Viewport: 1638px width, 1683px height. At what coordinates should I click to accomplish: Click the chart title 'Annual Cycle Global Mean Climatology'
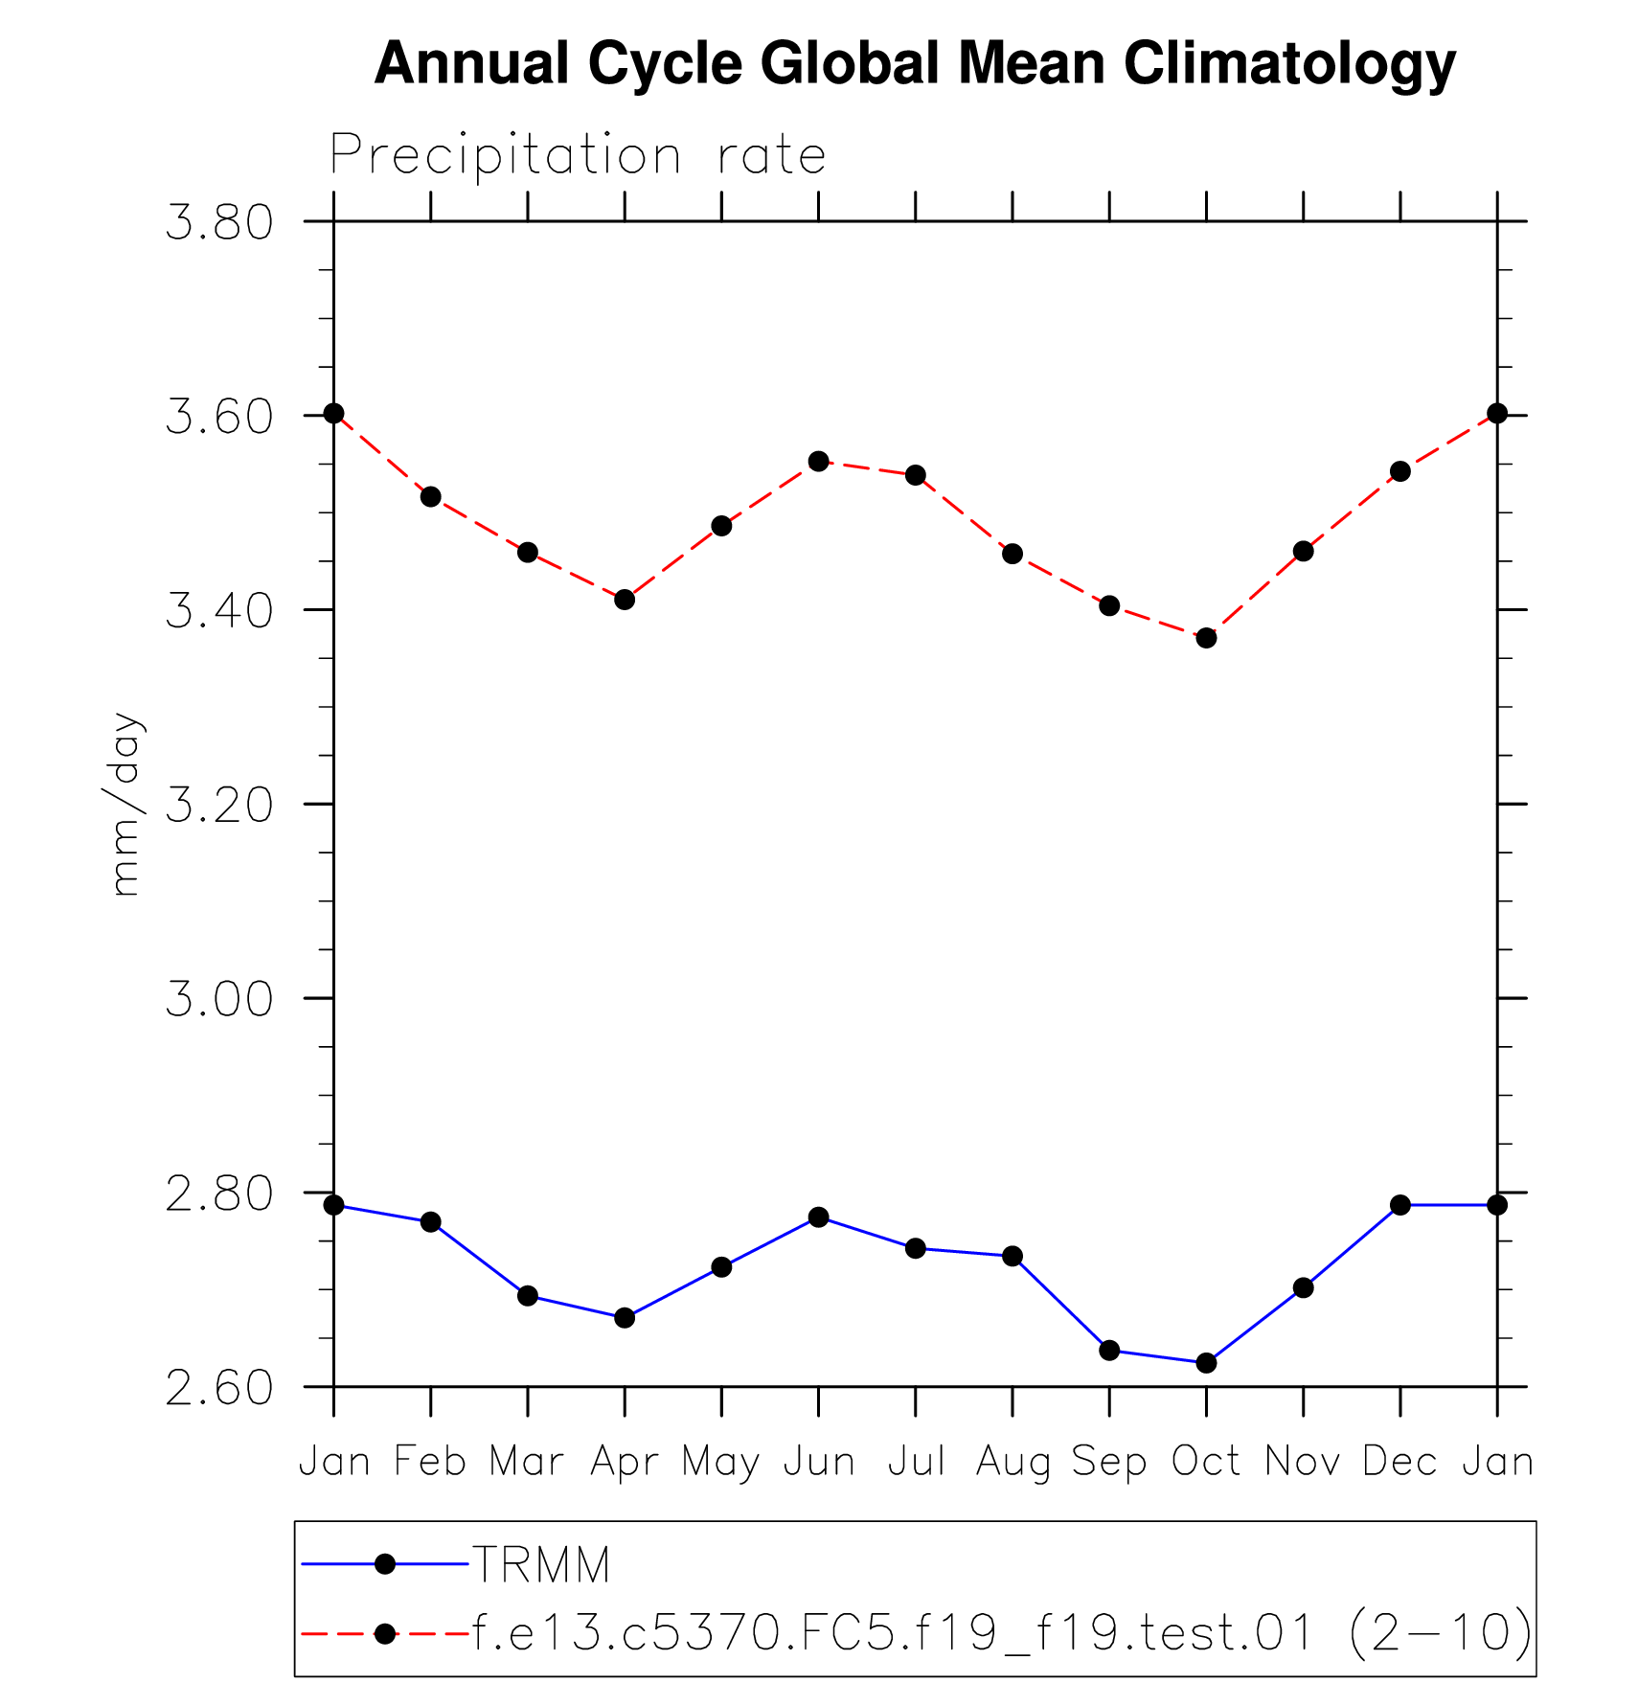[915, 64]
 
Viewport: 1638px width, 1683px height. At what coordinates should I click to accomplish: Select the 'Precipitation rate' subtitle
[578, 155]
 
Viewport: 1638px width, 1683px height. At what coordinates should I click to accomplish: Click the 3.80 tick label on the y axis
[219, 222]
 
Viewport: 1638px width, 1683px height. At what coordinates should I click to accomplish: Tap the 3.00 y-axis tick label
[219, 999]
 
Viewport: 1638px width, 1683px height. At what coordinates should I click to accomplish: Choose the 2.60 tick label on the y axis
[219, 1388]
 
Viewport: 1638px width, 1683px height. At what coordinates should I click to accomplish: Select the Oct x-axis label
[1206, 1462]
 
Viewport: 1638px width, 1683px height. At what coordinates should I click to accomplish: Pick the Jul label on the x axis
[916, 1462]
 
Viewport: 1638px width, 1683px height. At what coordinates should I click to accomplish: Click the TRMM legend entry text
[542, 1565]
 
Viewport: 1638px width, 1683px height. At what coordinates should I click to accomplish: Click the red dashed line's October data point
[1206, 638]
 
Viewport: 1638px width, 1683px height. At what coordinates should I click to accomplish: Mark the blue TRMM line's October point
[1206, 1362]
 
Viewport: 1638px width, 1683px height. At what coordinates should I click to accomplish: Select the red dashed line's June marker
[818, 462]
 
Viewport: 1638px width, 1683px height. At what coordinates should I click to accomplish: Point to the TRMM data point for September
[1109, 1351]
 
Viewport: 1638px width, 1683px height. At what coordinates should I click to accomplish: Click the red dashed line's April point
[625, 600]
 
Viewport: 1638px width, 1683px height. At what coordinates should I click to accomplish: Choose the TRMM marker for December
[1400, 1205]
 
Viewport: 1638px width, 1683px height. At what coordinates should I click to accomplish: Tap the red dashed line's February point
[431, 496]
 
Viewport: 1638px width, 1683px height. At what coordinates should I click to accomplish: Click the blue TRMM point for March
[528, 1296]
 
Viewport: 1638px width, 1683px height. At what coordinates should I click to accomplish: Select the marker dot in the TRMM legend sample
[385, 1564]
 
